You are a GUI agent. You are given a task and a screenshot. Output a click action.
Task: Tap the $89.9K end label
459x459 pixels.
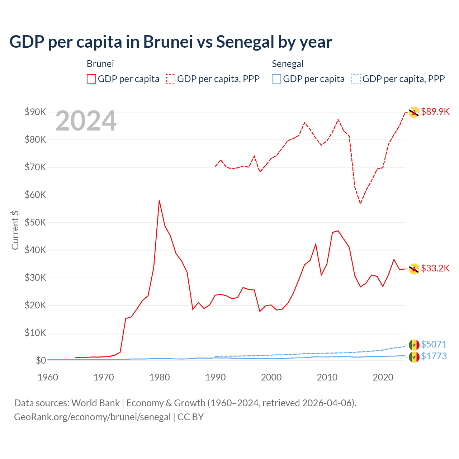pos(435,112)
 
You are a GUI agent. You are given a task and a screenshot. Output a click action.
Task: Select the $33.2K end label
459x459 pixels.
pos(435,268)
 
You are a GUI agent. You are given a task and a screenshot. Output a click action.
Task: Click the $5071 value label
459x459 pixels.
pos(434,344)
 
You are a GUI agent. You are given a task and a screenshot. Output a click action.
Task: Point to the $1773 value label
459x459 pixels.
pos(434,356)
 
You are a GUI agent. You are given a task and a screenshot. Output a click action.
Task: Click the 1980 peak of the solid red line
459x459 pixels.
pos(159,201)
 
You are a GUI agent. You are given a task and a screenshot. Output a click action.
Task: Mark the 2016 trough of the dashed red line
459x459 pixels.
pos(360,203)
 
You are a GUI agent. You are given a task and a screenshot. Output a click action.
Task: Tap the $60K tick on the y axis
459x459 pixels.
pos(35,195)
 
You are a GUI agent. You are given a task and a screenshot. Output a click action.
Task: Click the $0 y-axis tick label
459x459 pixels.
pos(41,360)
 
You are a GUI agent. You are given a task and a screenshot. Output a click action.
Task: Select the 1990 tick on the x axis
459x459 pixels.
pos(216,377)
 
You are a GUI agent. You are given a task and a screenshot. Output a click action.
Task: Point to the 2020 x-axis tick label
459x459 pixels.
pos(383,377)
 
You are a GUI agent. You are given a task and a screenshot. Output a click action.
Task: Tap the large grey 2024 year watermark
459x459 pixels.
pos(86,121)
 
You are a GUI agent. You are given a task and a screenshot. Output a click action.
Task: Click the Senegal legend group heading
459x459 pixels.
pos(288,64)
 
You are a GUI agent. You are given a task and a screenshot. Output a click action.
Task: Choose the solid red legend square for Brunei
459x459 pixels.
pos(91,79)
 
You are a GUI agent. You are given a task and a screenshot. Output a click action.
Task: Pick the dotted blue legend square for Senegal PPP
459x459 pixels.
pos(356,79)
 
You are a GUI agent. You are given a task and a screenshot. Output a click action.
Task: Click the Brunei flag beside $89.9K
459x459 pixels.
pos(414,112)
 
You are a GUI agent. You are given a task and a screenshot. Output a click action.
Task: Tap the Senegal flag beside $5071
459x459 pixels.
pos(414,345)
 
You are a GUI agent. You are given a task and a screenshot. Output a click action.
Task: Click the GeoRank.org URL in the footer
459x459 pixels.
pos(92,417)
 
